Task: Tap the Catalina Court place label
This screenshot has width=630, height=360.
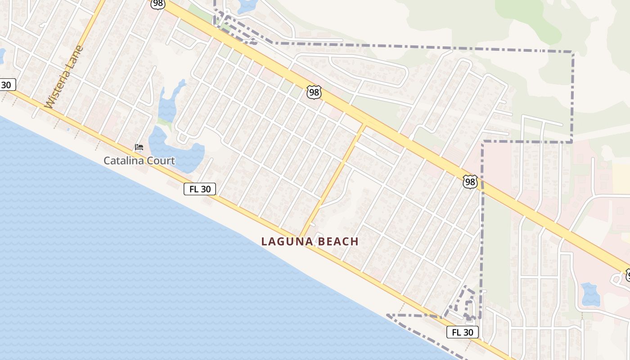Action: tap(139, 161)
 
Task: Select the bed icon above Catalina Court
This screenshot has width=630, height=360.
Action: tap(139, 147)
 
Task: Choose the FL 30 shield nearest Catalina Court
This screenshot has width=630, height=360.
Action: tap(200, 189)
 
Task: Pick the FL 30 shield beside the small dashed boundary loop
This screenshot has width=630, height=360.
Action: tap(462, 333)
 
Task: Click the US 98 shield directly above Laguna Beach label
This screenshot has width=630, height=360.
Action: tap(314, 92)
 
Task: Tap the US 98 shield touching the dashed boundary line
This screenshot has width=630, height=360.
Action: tap(470, 182)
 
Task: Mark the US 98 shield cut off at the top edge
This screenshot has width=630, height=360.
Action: tap(158, 4)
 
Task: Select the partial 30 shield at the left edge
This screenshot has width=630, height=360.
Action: tap(7, 85)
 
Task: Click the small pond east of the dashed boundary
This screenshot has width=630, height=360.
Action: tap(589, 294)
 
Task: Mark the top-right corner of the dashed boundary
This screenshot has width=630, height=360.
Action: tap(573, 53)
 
